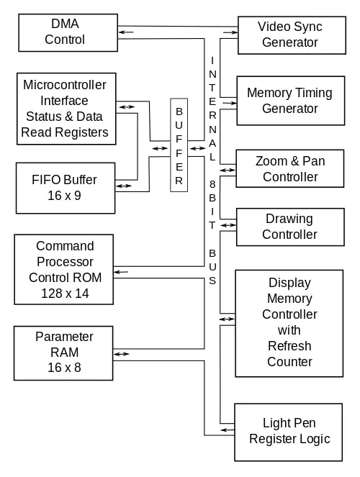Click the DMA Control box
(x=68, y=32)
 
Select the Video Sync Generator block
(x=292, y=35)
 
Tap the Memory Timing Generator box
(x=291, y=101)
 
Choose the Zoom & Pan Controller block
(x=290, y=168)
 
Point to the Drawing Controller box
(x=290, y=227)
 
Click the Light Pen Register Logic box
(x=289, y=432)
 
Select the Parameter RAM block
(x=63, y=353)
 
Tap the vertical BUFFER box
(x=179, y=145)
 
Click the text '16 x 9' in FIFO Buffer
(x=64, y=196)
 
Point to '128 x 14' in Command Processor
(x=65, y=294)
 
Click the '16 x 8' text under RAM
(x=64, y=368)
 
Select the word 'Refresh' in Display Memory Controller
(x=289, y=346)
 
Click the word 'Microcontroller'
(x=65, y=85)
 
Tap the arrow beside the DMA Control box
(x=126, y=32)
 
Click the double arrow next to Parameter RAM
(x=122, y=354)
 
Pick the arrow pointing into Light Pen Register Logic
(x=228, y=430)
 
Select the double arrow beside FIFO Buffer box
(x=124, y=186)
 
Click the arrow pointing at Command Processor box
(x=121, y=272)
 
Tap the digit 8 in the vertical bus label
(x=212, y=184)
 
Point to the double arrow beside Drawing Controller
(x=228, y=225)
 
